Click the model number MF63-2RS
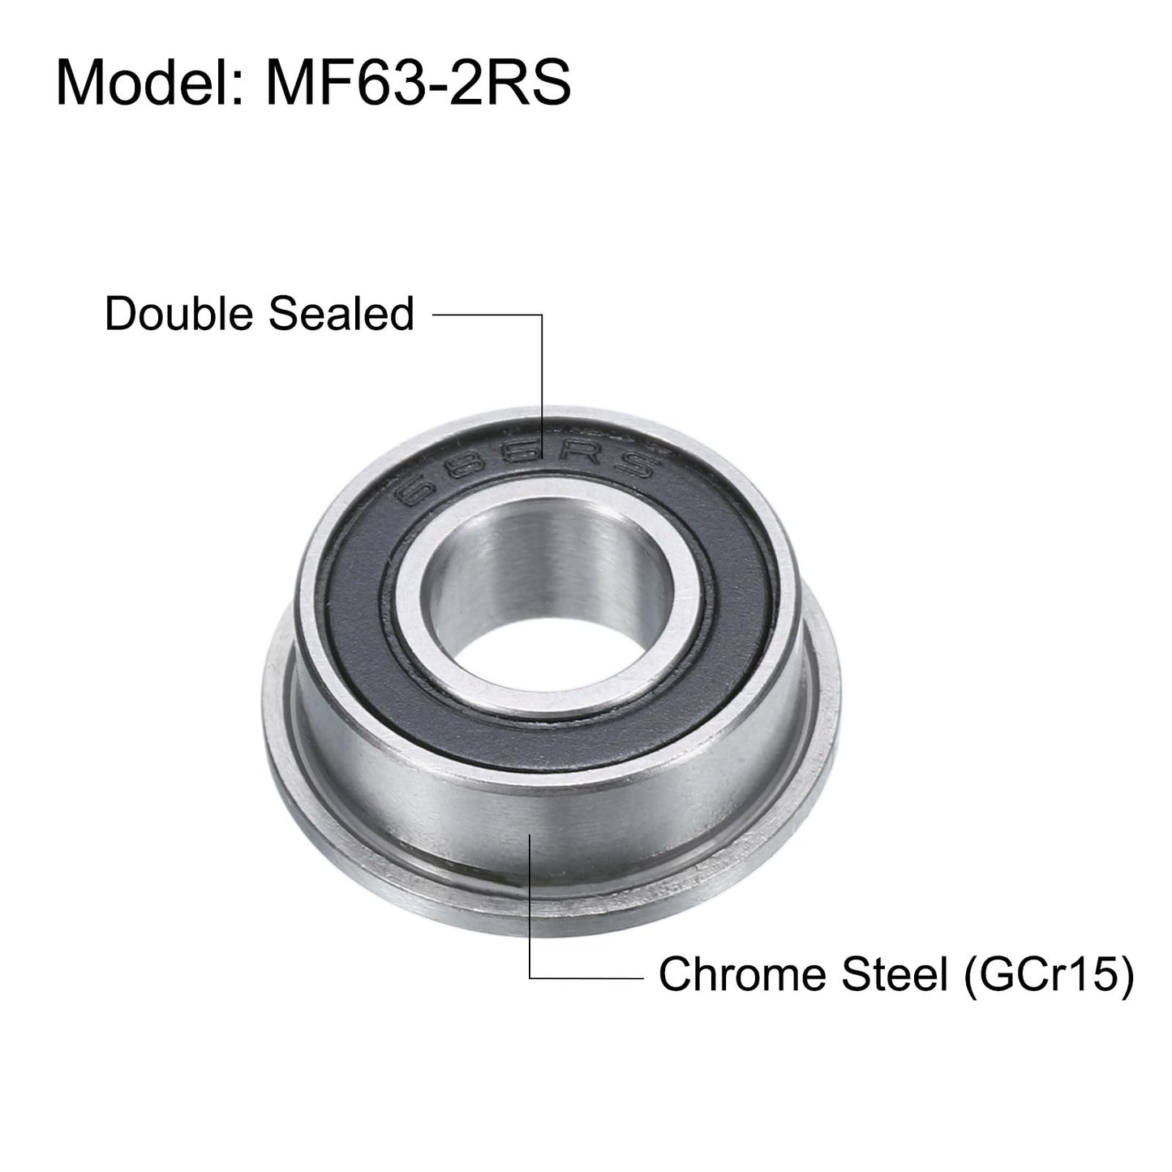click(419, 82)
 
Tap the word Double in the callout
click(179, 314)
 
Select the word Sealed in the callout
click(341, 314)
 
